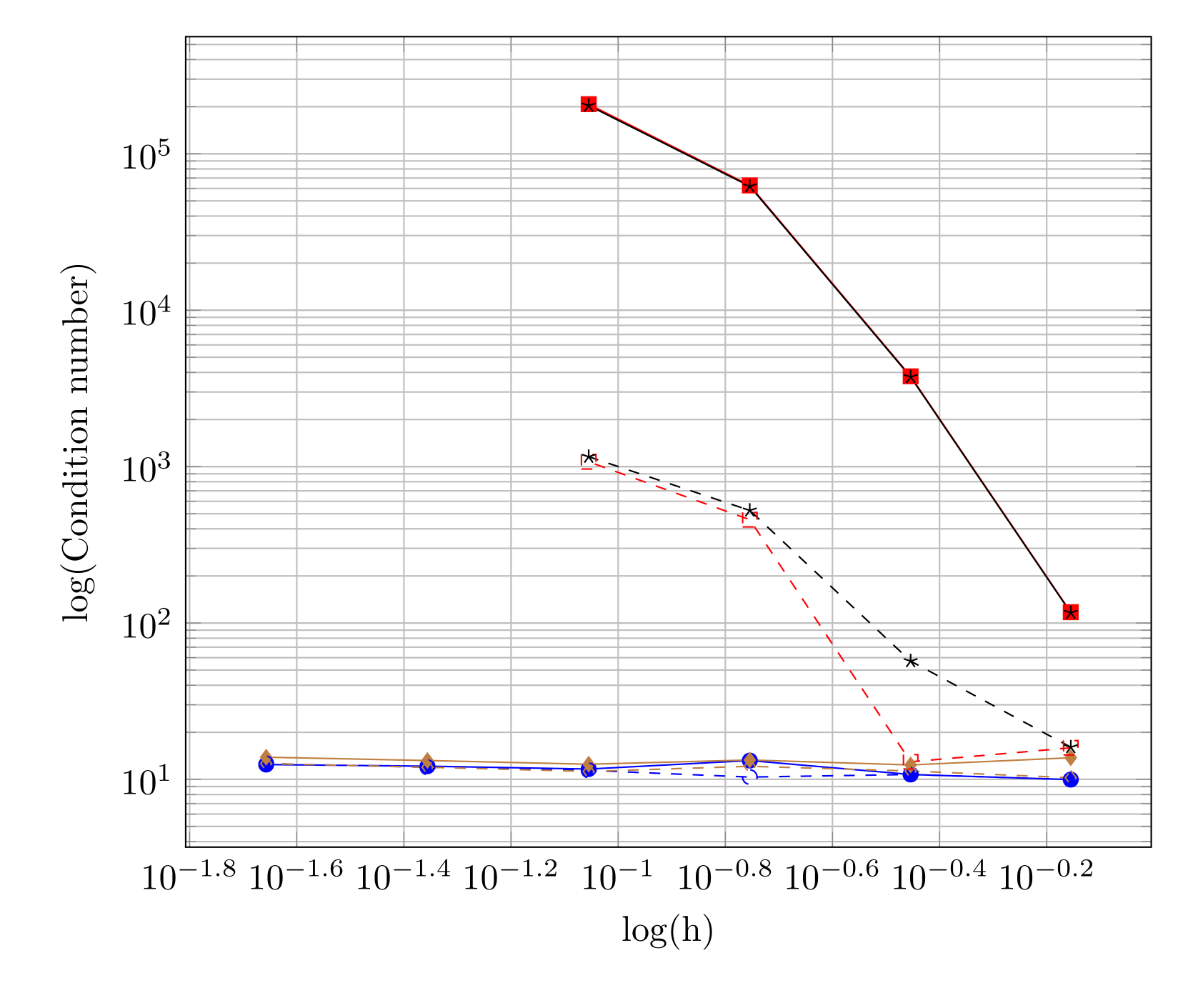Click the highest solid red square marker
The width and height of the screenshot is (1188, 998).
click(588, 104)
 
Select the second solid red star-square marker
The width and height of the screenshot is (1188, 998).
click(749, 186)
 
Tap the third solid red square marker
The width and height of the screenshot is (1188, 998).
click(910, 376)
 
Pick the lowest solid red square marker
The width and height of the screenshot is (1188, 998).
click(1070, 612)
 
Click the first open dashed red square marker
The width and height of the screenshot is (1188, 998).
click(588, 461)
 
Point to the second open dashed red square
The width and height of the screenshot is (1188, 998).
click(749, 519)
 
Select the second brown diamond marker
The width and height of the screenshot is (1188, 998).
click(427, 760)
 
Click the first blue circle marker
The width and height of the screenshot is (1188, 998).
click(266, 764)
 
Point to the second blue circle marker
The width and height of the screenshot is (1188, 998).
click(427, 767)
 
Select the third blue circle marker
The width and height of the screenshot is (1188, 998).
click(588, 770)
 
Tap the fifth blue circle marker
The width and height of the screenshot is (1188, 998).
click(910, 774)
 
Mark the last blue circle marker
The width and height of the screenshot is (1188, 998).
click(1070, 779)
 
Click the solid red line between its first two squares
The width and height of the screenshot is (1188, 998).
click(669, 145)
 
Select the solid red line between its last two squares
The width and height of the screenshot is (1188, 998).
click(990, 494)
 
